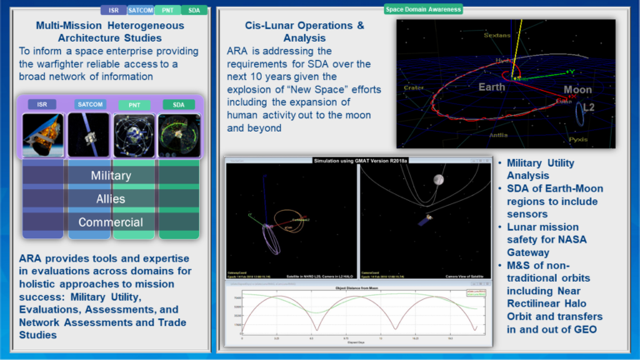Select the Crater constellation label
point(413,87)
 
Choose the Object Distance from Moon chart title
point(356,286)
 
